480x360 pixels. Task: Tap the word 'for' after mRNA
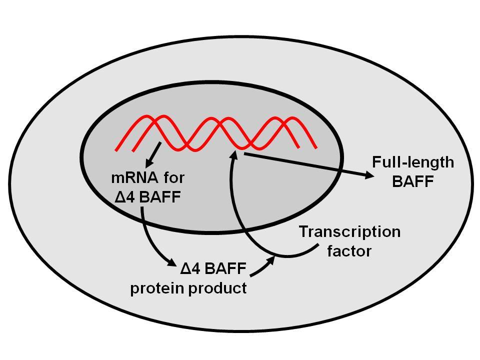[x=174, y=177]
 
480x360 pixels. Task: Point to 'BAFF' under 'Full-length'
[x=413, y=181]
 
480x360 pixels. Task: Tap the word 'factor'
[x=349, y=251]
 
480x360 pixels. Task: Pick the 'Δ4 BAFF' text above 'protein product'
[x=213, y=268]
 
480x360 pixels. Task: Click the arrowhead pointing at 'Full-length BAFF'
[x=369, y=175]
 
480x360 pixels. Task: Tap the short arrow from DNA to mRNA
[x=153, y=154]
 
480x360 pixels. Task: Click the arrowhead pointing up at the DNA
[x=234, y=153]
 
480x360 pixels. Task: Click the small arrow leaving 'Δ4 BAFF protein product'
[x=262, y=266]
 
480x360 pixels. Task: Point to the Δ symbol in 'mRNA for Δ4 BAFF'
[x=120, y=197]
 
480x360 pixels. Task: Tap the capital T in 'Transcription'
[x=304, y=231]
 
